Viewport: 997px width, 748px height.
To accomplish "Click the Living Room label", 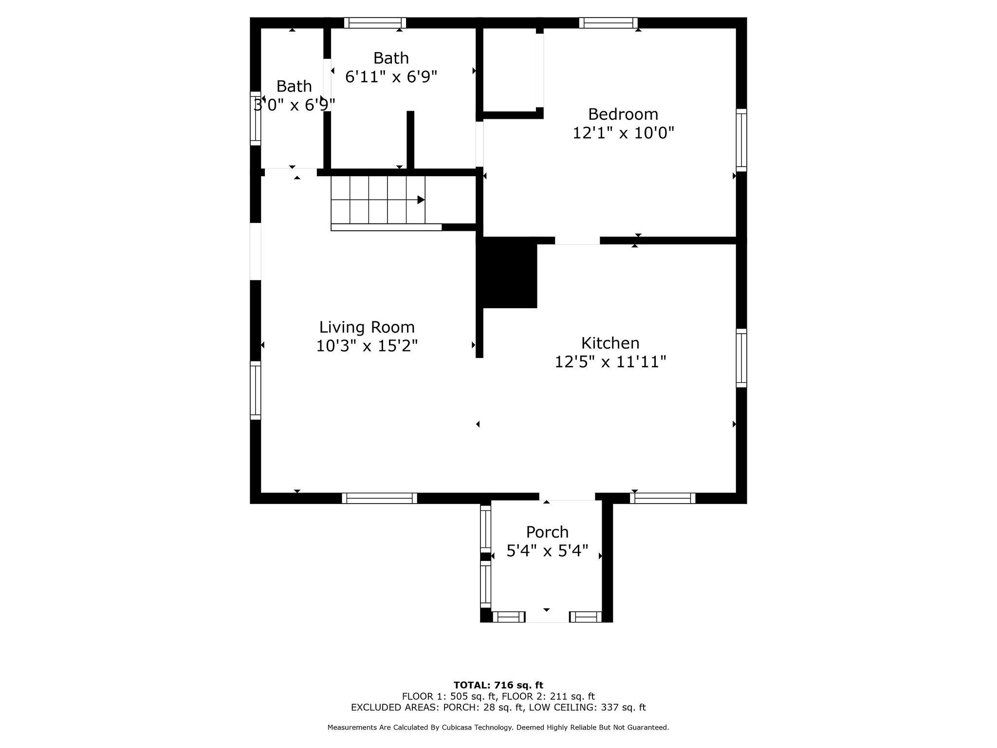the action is coord(367,327).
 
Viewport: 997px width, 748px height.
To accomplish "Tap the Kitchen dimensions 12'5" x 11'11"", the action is coord(610,362).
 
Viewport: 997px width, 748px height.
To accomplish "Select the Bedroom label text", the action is coord(623,114).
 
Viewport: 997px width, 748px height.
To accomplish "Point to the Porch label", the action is coord(547,532).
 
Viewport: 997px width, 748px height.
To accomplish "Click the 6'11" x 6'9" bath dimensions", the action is coord(391,77).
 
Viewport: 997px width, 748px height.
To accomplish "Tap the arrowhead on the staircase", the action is coord(421,200).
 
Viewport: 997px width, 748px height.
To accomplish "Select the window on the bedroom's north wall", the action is coord(608,23).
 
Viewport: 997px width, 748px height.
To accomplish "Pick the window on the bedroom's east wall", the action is coord(741,140).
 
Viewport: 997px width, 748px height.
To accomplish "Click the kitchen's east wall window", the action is coord(741,358).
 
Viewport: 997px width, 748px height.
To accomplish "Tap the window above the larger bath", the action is coord(375,23).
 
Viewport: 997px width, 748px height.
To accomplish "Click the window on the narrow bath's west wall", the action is coord(256,118).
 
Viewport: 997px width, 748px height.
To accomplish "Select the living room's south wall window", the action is coord(379,498).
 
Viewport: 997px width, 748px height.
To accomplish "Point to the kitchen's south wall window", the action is coord(663,498).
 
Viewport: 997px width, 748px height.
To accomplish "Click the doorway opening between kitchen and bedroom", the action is coord(577,241).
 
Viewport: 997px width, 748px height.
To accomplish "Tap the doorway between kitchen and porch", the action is coord(567,497).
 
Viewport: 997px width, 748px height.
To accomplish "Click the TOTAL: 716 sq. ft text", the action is coord(498,686).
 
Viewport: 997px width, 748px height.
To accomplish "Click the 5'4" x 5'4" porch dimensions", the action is coord(547,551).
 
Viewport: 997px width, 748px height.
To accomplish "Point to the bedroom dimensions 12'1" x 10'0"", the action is coord(623,133).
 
